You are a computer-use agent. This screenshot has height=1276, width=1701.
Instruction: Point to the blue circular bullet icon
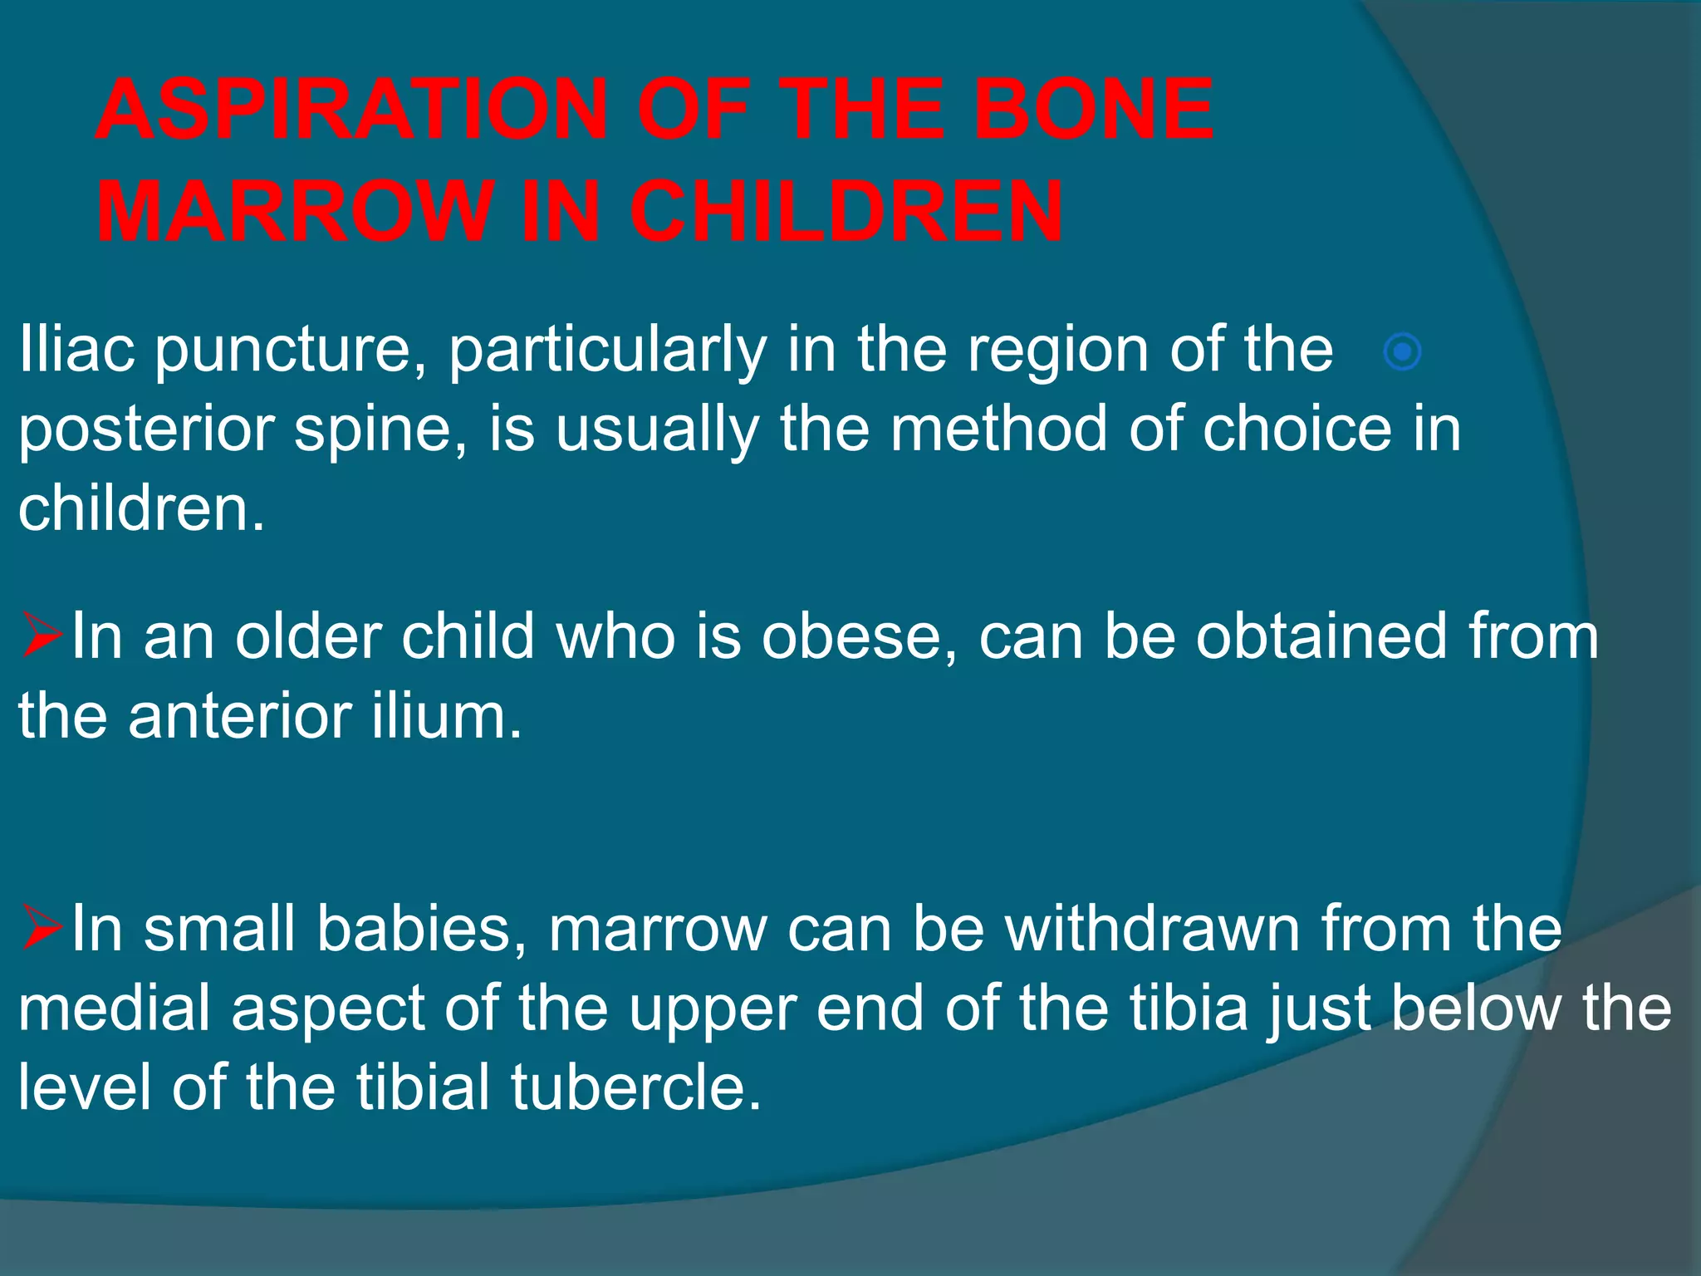click(1402, 352)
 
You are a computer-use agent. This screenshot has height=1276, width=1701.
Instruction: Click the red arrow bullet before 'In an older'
click(42, 636)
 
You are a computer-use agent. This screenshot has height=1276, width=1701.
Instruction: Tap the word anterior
click(240, 716)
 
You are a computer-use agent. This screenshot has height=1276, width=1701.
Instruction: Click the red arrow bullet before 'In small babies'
click(42, 929)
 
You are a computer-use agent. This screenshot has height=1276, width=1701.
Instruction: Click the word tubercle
click(636, 1087)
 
